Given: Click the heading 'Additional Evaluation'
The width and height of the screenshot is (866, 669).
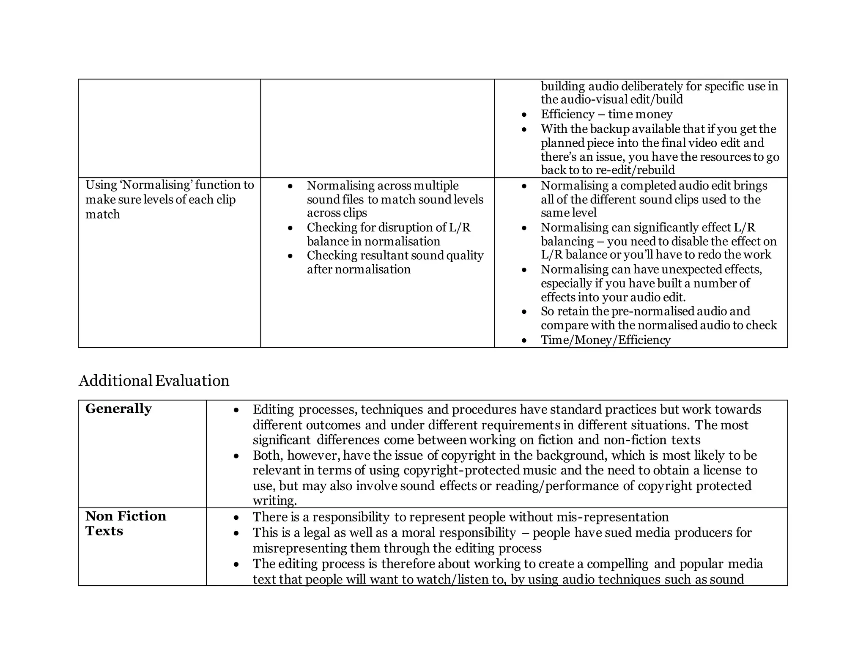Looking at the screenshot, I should [x=154, y=381].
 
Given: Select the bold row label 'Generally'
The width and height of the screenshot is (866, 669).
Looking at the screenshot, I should [x=118, y=409].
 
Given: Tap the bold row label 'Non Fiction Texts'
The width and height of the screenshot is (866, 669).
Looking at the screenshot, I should [x=126, y=523].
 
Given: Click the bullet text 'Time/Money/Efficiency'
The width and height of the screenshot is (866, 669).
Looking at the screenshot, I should [x=606, y=340].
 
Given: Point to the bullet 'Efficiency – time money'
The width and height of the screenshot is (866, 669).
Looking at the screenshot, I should [x=606, y=114].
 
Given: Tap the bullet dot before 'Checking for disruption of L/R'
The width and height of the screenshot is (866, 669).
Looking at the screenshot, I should [x=290, y=228].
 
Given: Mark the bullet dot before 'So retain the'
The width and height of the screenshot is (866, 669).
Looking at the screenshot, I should [x=524, y=312].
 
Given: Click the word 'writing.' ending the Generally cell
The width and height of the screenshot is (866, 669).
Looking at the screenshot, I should [x=275, y=501].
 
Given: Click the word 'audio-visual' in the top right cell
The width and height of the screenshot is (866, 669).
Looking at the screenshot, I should [x=593, y=99].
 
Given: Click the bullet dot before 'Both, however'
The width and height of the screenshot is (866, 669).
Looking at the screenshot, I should [x=236, y=456].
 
